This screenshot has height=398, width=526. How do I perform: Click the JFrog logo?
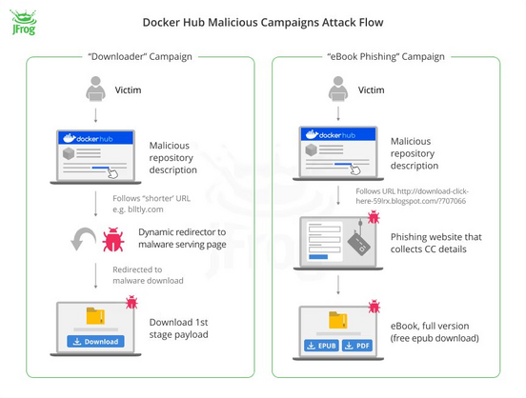24,22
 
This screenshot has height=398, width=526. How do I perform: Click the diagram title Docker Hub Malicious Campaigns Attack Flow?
263,23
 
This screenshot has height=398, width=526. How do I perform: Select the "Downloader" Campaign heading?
140,56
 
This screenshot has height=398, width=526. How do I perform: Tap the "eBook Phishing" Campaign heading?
386,56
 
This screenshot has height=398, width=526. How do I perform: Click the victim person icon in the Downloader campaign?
95,89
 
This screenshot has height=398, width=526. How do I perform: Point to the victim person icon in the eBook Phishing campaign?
338,89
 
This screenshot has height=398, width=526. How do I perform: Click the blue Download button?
95,341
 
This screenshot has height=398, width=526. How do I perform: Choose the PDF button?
357,346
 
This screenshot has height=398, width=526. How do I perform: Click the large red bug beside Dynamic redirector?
113,239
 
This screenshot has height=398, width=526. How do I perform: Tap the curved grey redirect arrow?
83,238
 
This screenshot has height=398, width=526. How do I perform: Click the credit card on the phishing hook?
359,244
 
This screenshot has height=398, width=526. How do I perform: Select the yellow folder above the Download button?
95,316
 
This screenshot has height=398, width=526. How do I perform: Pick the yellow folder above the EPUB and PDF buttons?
338,320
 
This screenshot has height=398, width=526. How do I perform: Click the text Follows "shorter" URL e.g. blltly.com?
152,204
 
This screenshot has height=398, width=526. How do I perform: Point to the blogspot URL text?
412,196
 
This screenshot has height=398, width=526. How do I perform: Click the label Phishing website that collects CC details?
435,243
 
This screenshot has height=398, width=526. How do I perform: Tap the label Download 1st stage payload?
178,328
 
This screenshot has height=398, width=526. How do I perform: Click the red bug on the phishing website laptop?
374,217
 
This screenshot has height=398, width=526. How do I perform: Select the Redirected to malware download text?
148,275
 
